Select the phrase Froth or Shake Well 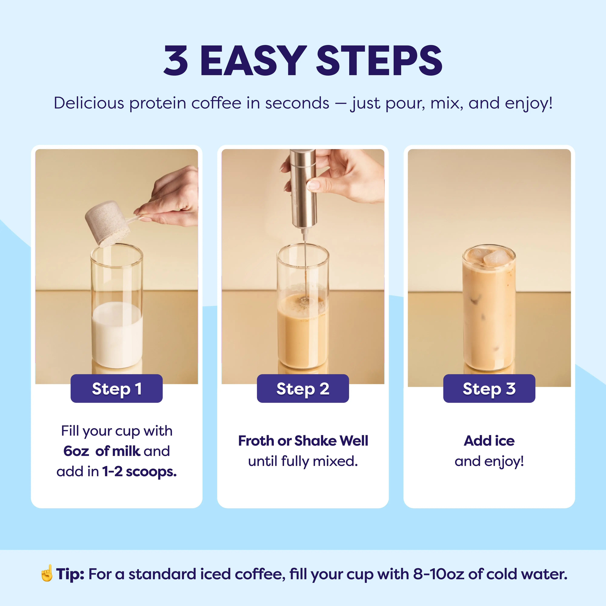(x=303, y=441)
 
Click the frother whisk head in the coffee (x=304, y=302)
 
